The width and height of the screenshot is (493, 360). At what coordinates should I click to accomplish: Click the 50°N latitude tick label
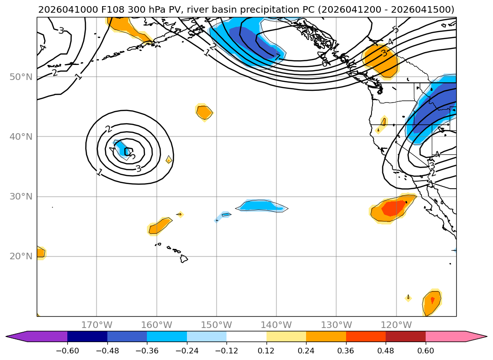[21, 77]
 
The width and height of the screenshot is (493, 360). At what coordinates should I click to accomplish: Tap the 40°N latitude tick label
[21, 136]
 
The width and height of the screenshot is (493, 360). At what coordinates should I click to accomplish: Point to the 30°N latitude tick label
[21, 196]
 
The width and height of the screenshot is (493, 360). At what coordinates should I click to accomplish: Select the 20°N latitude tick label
[21, 256]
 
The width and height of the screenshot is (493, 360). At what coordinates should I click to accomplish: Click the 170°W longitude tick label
[97, 325]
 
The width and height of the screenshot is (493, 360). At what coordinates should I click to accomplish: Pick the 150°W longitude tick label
[217, 325]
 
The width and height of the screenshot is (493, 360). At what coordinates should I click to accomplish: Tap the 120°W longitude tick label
[396, 325]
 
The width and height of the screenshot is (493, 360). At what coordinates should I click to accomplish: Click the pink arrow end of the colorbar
[476, 336]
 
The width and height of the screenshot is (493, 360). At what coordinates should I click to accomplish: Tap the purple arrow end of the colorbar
[16, 336]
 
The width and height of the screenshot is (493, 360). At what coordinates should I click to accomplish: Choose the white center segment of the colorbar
[246, 336]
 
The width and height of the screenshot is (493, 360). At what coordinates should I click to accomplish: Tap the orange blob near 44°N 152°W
[204, 112]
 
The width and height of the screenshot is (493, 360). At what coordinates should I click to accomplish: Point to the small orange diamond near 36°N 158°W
[169, 160]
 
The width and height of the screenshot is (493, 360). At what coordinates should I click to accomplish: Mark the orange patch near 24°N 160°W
[159, 226]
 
